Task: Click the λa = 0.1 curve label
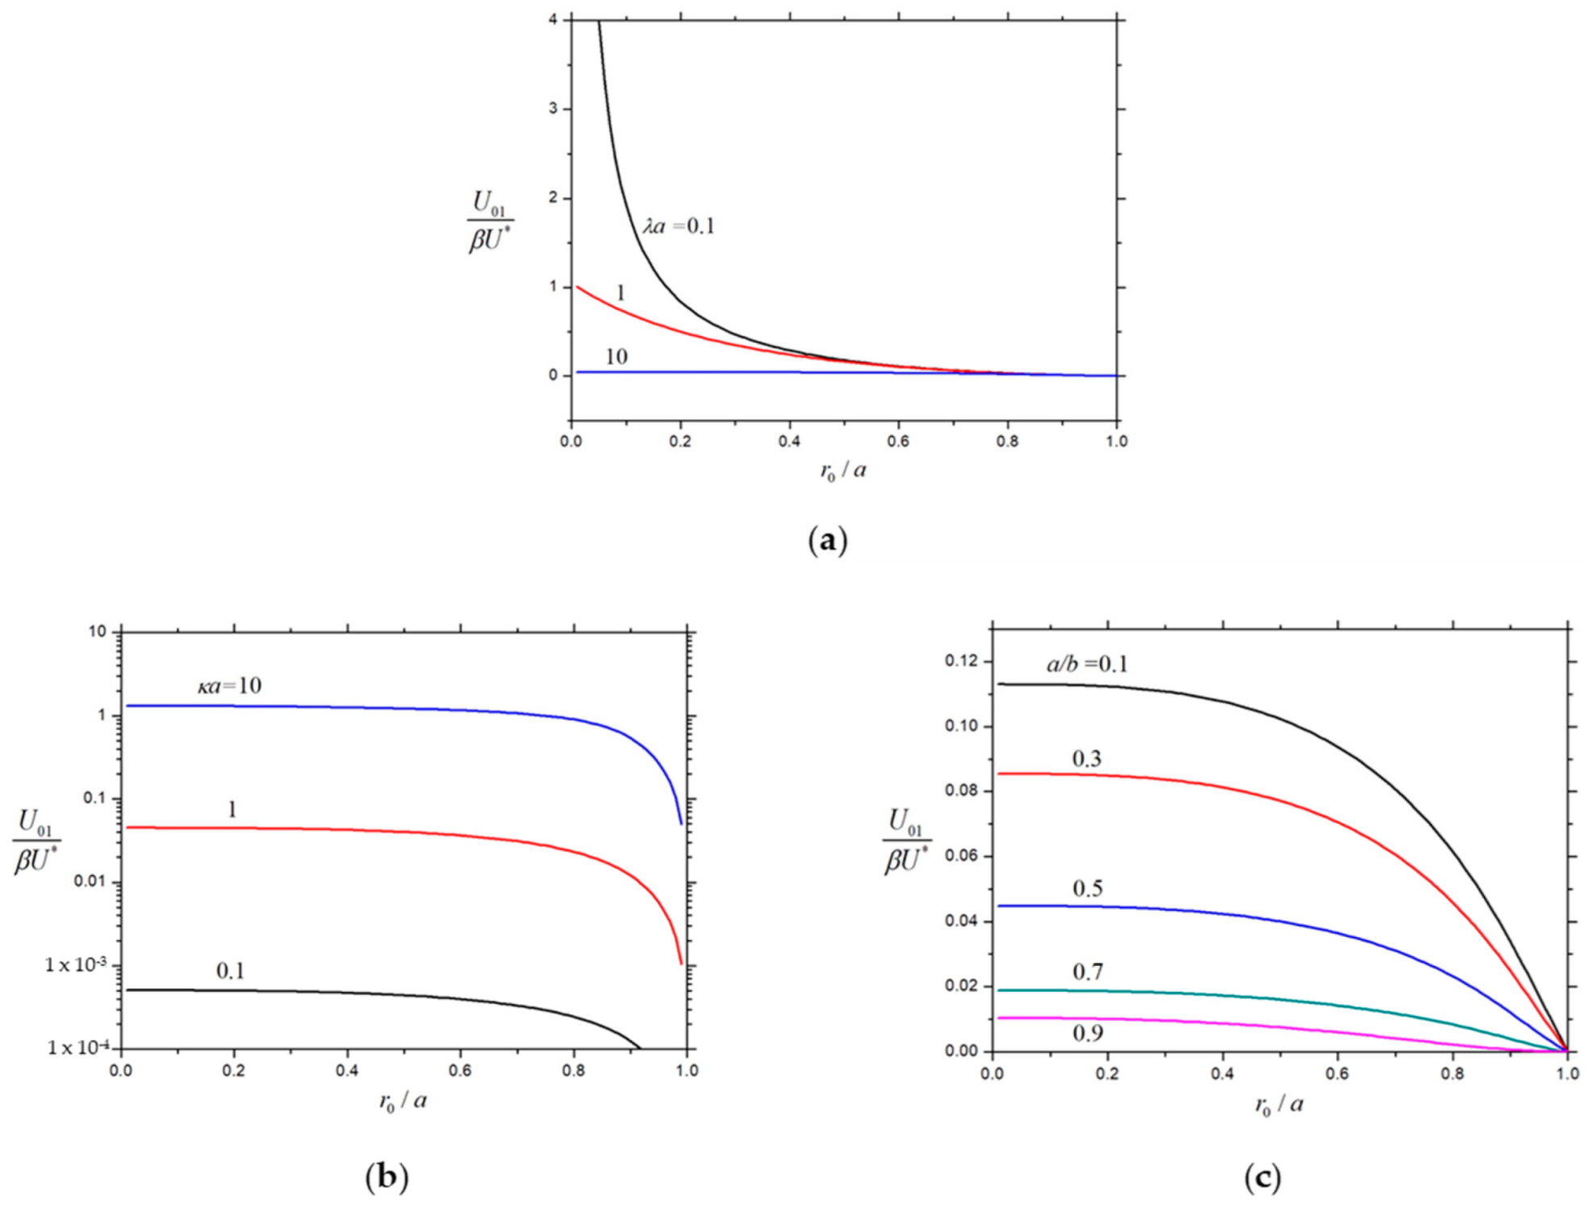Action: (x=679, y=226)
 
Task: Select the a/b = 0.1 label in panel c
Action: (x=1087, y=664)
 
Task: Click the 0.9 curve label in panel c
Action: (x=1088, y=1034)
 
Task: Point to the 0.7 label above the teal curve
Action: (x=1088, y=972)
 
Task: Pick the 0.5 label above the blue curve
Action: (x=1088, y=888)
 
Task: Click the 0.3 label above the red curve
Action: (x=1087, y=759)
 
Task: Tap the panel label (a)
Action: (x=827, y=540)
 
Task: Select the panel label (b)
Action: (x=386, y=1177)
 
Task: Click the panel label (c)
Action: (x=1262, y=1177)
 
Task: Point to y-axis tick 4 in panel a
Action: (x=553, y=19)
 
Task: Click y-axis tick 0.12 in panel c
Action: (x=961, y=662)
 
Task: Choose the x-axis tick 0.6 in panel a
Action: (x=898, y=441)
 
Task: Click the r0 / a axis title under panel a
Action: (x=843, y=470)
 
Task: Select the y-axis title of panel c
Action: (x=907, y=842)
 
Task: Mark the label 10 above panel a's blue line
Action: (x=616, y=357)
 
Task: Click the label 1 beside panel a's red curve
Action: (x=620, y=293)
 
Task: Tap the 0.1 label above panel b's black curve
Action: (x=230, y=971)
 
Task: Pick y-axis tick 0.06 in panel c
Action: (x=961, y=856)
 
